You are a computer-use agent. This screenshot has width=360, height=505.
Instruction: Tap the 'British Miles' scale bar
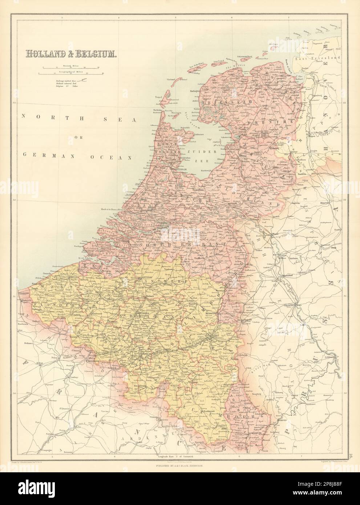pyautogui.click(x=73, y=68)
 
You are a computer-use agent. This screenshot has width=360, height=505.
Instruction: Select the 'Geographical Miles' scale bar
pyautogui.click(x=73, y=74)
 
